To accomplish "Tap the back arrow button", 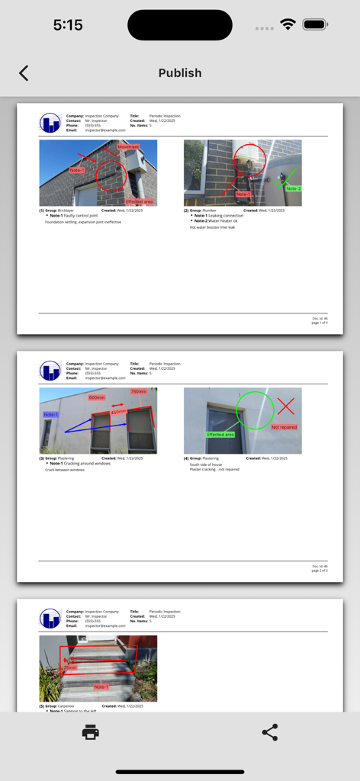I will pyautogui.click(x=24, y=72).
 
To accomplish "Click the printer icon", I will pyautogui.click(x=91, y=733).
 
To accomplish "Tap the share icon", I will pyautogui.click(x=269, y=733).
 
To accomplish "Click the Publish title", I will pyautogui.click(x=180, y=73).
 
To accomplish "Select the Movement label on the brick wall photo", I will pyautogui.click(x=128, y=146).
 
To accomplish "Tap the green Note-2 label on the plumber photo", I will pyautogui.click(x=294, y=188).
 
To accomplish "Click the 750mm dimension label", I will pyautogui.click(x=139, y=392).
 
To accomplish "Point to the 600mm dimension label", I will pyautogui.click(x=97, y=397).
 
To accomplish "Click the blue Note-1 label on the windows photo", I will pyautogui.click(x=51, y=415).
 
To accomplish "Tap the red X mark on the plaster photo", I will pyautogui.click(x=285, y=406).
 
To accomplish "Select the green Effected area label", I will pyautogui.click(x=220, y=435).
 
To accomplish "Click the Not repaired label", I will pyautogui.click(x=284, y=427).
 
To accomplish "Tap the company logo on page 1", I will pyautogui.click(x=50, y=123).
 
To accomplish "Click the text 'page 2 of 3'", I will pyautogui.click(x=320, y=570).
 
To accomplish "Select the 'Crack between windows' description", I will pyautogui.click(x=65, y=470).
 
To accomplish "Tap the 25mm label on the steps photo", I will pyautogui.click(x=70, y=667).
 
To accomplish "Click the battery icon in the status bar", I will pyautogui.click(x=315, y=24).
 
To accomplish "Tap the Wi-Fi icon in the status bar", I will pyautogui.click(x=288, y=24).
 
